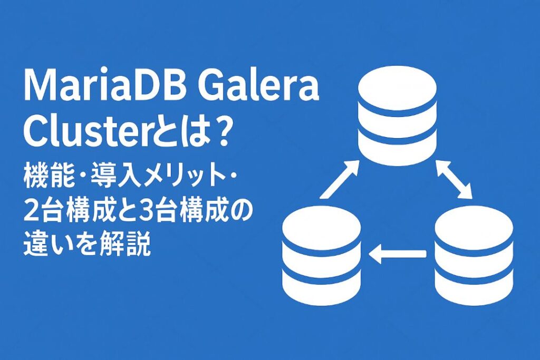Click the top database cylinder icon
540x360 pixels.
tap(397, 116)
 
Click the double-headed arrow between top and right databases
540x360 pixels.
tap(455, 179)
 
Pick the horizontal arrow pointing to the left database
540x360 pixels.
tap(397, 255)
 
